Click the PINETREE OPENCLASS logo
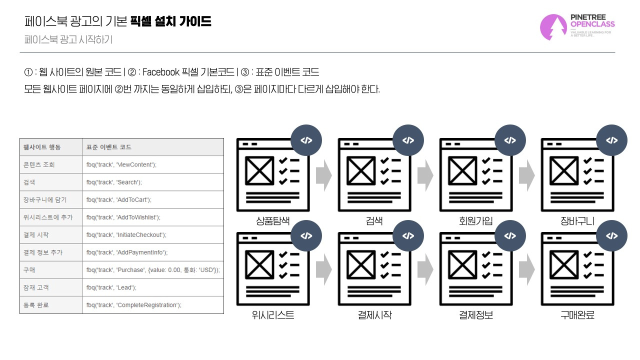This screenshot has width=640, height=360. click(x=577, y=27)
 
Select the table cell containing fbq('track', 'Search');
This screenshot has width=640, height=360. click(x=153, y=182)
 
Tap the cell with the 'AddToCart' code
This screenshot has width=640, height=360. click(x=153, y=199)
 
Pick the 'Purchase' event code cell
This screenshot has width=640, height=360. click(x=153, y=270)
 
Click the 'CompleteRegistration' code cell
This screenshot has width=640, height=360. click(x=153, y=305)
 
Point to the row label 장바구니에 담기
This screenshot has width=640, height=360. click(x=45, y=199)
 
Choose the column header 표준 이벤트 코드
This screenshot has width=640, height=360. click(x=109, y=147)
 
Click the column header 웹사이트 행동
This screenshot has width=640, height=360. click(x=42, y=147)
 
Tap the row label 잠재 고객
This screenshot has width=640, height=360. click(x=36, y=287)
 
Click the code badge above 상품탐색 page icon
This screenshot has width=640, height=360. click(x=306, y=140)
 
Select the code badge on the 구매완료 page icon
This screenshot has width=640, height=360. click(x=611, y=235)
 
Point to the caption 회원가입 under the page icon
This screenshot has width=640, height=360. click(x=475, y=221)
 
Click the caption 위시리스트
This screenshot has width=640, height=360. click(x=273, y=315)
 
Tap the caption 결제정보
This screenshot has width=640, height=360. click(x=475, y=315)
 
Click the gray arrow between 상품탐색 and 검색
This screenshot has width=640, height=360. click(x=324, y=175)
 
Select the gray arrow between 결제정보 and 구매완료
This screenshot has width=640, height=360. click(x=527, y=269)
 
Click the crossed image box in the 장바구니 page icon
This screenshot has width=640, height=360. click(x=564, y=170)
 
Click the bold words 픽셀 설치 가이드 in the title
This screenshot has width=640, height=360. click(x=170, y=21)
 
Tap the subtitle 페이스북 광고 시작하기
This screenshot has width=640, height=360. click(x=68, y=39)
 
